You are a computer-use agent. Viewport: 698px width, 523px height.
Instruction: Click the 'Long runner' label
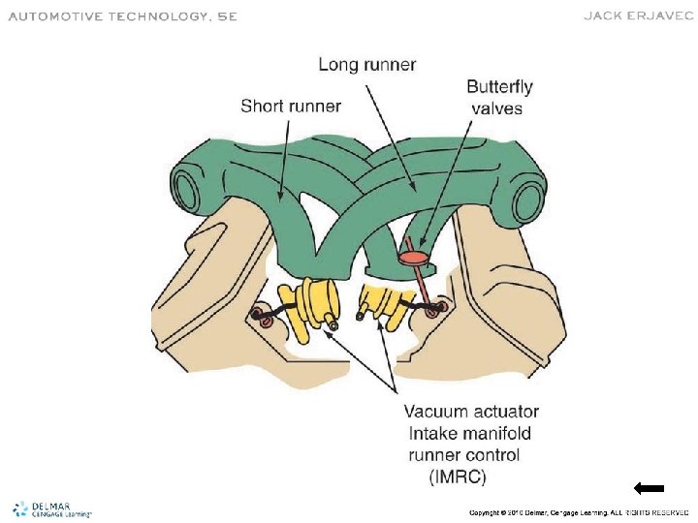point(367,66)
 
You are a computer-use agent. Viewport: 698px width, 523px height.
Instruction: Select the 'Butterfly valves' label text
point(499,98)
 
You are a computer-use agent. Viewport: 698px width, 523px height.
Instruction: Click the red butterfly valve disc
point(415,258)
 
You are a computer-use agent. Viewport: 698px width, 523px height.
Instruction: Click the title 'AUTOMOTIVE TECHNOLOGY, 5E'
point(122,16)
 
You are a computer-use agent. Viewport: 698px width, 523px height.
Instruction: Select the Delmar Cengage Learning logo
point(50,509)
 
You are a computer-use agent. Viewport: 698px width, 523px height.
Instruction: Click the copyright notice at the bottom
point(578,511)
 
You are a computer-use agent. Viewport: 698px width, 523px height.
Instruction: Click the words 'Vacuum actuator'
point(471,413)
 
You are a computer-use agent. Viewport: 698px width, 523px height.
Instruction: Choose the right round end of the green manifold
point(528,200)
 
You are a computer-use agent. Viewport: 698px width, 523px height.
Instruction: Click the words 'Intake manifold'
point(467,434)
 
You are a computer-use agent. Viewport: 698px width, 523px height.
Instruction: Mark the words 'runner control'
point(461,454)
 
